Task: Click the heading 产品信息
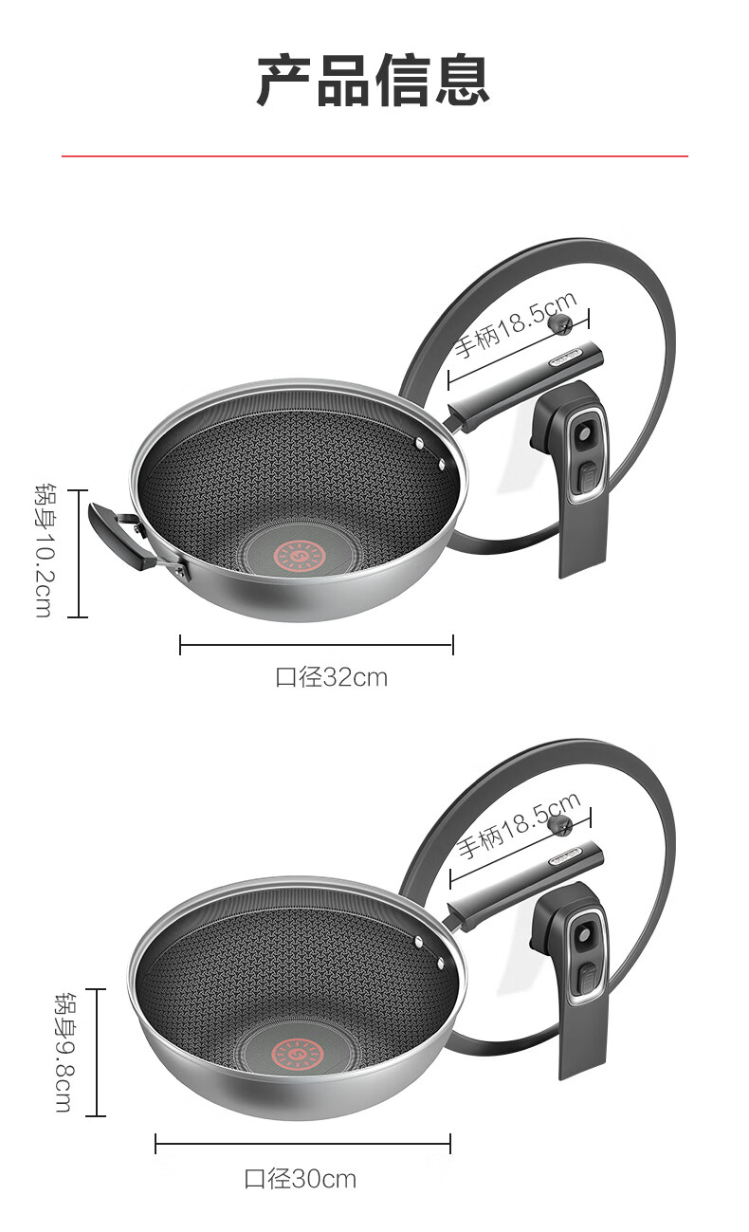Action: tap(374, 81)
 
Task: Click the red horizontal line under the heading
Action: tap(374, 156)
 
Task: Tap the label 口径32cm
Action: tap(332, 677)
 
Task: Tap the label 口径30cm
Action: tap(301, 1179)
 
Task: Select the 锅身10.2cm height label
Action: tap(45, 550)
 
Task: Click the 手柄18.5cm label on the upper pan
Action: tap(516, 324)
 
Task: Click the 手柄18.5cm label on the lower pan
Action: tap(519, 825)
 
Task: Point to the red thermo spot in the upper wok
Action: tap(300, 556)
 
